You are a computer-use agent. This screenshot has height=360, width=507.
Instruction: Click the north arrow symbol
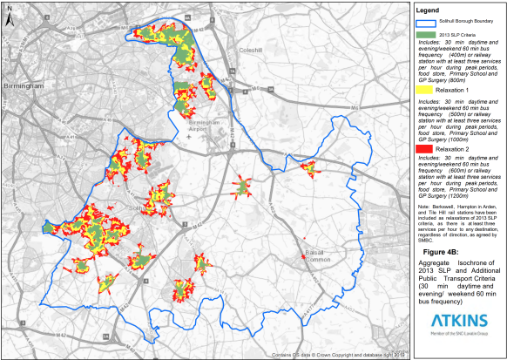coord(9,16)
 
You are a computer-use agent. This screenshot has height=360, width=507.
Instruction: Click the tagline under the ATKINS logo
coord(458,340)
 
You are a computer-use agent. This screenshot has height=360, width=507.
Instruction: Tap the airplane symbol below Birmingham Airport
coord(201,137)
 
